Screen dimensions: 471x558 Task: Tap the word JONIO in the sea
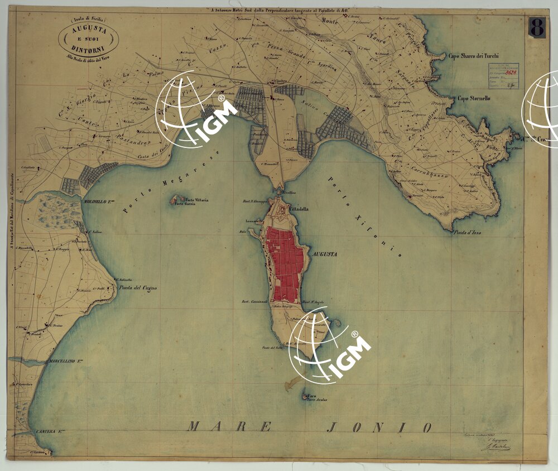pos(379,427)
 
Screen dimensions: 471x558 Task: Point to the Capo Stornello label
pos(474,98)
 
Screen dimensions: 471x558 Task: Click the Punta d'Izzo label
pos(467,232)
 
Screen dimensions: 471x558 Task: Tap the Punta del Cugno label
pos(138,288)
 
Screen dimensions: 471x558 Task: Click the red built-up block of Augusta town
pos(285,262)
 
